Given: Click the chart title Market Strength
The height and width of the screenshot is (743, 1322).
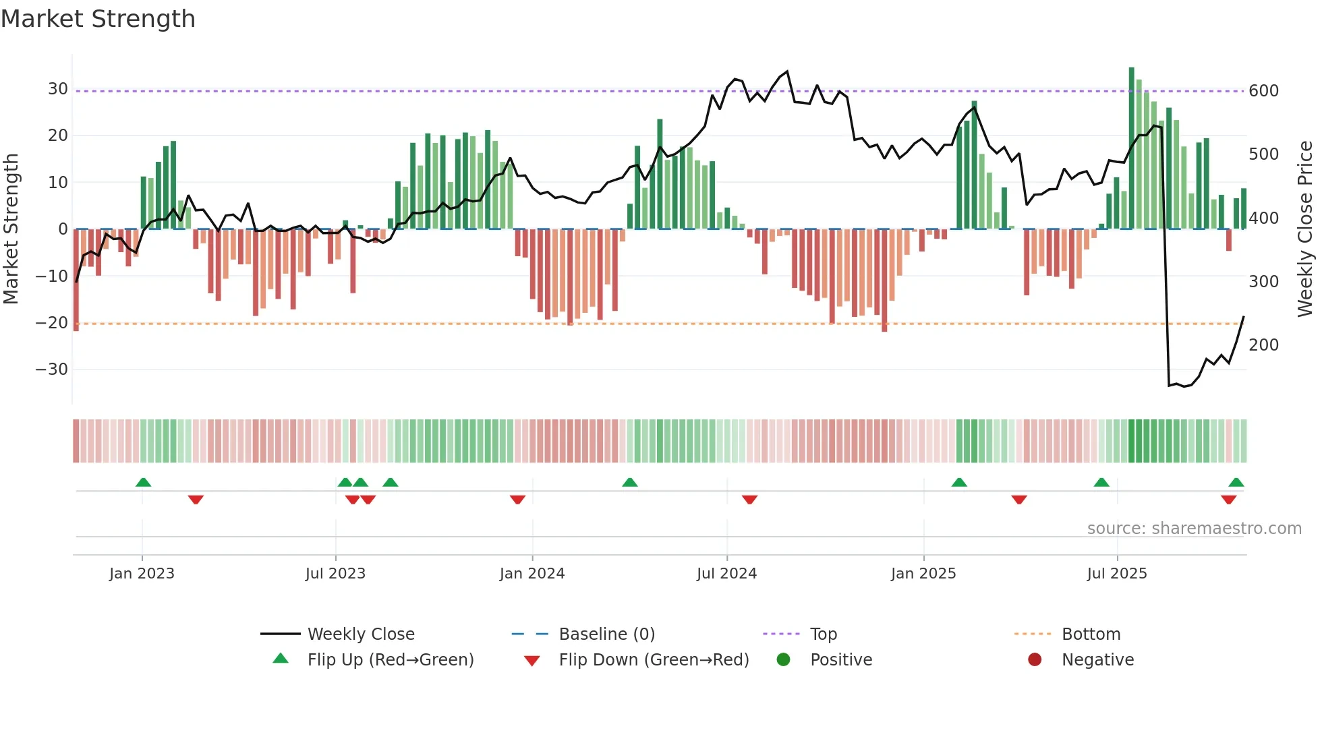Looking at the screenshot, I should [98, 19].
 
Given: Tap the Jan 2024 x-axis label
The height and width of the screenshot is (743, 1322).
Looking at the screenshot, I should [531, 574].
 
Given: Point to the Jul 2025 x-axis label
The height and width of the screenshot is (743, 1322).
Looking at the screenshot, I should [1116, 574].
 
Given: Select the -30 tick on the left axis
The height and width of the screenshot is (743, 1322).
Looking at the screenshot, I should [52, 369].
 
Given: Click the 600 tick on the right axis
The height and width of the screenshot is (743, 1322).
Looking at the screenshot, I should [1263, 91].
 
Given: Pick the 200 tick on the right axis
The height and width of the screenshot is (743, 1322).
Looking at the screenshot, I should [1263, 345].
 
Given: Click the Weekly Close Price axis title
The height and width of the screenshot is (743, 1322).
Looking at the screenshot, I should [1304, 229].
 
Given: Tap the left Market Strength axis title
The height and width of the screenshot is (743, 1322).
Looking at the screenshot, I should [11, 229].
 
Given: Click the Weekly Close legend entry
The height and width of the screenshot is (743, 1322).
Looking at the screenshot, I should [361, 634].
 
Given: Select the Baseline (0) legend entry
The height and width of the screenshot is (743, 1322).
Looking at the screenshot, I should [606, 634].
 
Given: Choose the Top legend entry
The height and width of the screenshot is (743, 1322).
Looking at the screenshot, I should [823, 634].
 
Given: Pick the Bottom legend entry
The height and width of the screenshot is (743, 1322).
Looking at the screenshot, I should [1091, 634].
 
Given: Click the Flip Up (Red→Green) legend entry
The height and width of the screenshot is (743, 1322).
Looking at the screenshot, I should [391, 660].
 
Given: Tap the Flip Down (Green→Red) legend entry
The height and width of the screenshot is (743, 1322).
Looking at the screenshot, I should [654, 660].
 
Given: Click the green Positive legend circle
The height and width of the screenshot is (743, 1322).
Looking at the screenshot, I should [783, 660].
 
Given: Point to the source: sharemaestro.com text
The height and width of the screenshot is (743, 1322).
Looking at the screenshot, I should [1194, 529].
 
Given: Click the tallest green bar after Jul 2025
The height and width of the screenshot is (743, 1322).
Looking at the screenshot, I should [1131, 148].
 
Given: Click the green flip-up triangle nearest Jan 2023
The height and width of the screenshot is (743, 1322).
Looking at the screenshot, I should [143, 482].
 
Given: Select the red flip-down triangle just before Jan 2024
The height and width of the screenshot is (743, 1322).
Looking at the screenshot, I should [517, 500].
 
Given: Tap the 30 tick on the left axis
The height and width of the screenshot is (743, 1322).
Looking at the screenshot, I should [57, 89].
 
